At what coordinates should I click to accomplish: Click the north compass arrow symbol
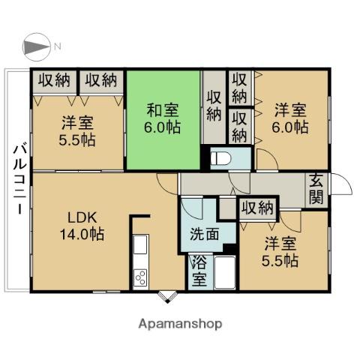point(34,46)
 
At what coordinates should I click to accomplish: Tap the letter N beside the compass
point(57,46)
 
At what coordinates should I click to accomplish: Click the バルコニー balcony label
point(16,178)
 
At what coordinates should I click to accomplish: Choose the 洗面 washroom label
point(205,233)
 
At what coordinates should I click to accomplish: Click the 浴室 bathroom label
point(199,272)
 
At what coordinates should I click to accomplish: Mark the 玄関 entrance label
point(315,190)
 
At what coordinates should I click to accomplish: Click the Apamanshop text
point(180,324)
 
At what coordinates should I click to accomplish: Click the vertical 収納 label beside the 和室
point(214,106)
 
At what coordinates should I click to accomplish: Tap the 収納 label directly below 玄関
point(257,208)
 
